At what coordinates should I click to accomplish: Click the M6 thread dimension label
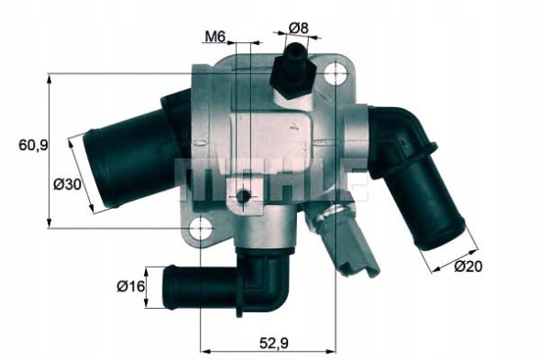tap(215, 37)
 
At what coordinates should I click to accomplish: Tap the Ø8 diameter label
tap(297, 27)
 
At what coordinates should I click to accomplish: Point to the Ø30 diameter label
tap(65, 184)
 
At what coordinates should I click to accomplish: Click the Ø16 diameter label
tap(131, 287)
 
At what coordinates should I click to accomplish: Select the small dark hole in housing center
tap(243, 197)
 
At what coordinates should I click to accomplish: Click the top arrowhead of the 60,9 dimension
tap(49, 79)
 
